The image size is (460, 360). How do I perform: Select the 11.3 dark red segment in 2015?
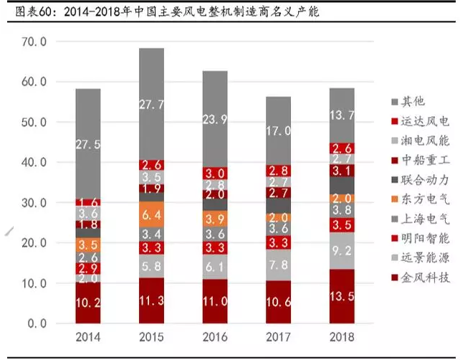151,300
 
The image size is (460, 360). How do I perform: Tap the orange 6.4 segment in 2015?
151,214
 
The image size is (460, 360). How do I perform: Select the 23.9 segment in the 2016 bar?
214,119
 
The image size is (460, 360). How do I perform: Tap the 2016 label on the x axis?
214,336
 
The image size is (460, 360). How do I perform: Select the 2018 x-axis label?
341,336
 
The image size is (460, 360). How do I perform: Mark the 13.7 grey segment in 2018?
341,115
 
